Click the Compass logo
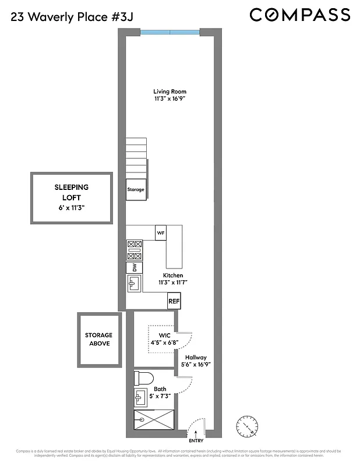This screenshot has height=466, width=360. [300, 14]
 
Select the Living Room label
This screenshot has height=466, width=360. [170, 91]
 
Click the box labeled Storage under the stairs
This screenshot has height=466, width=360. [136, 190]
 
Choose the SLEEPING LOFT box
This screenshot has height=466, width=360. [71, 197]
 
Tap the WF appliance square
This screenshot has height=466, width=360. [161, 232]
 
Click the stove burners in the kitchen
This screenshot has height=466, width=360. [135, 250]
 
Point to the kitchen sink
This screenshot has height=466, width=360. [135, 284]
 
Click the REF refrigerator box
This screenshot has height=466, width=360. [174, 302]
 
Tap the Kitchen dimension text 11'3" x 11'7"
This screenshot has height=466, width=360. [172, 283]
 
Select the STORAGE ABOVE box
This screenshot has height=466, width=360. [98, 339]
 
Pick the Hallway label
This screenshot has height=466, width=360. [196, 358]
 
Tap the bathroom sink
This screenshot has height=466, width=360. [140, 398]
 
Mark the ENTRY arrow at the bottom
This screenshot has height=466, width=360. [196, 434]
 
